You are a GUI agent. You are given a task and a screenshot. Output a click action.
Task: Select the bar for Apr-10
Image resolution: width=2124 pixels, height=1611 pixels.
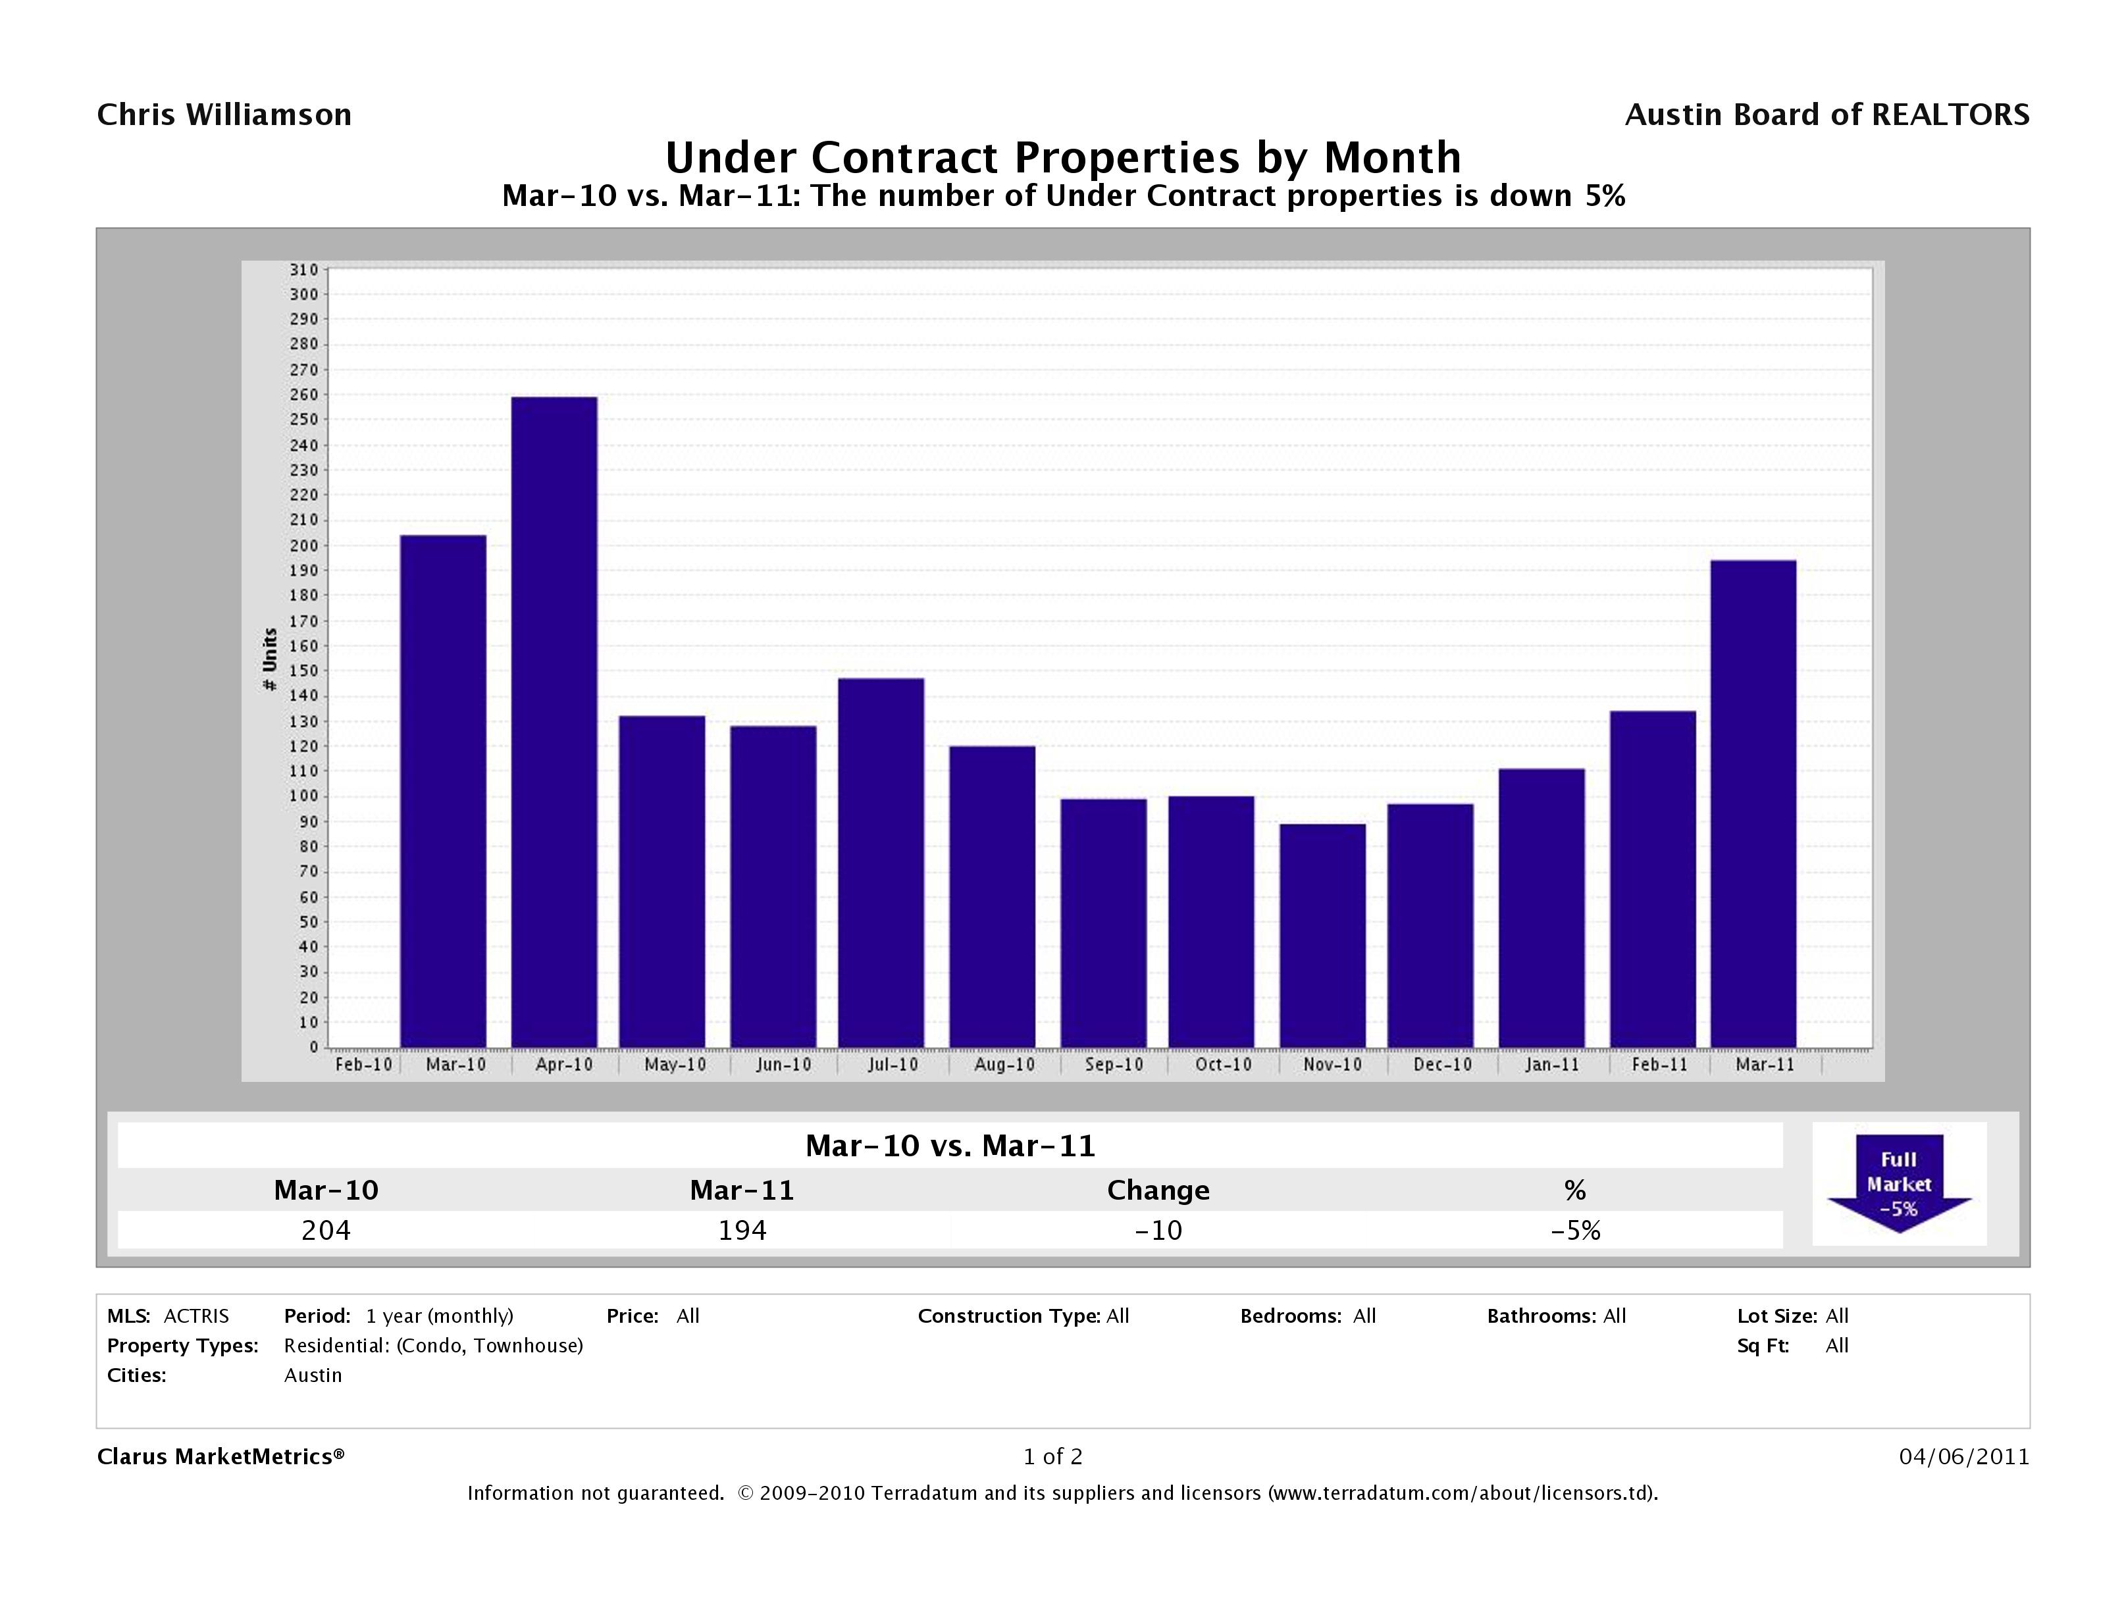(554, 722)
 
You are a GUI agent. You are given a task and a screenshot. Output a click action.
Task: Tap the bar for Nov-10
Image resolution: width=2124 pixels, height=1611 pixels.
(1322, 935)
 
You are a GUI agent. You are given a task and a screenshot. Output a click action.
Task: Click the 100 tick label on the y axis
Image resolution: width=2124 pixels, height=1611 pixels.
(303, 796)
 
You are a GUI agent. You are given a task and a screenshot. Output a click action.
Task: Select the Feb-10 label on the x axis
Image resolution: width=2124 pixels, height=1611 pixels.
(363, 1065)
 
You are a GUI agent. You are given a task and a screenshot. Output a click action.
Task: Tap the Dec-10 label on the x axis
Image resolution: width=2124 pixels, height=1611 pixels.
(1442, 1065)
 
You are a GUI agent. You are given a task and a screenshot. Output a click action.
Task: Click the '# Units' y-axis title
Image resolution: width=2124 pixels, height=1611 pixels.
(270, 659)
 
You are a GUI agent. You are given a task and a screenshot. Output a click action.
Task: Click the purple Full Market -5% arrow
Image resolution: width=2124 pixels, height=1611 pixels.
(1898, 1184)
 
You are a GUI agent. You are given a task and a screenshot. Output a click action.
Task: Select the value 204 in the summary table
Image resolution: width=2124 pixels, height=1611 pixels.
(326, 1231)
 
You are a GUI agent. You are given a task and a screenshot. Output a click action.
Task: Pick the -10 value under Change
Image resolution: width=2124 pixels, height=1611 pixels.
(1158, 1231)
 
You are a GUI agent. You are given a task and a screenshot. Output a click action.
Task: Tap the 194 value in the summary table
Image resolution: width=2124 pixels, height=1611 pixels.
(742, 1231)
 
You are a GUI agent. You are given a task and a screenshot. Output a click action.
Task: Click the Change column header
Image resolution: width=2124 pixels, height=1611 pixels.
(1158, 1190)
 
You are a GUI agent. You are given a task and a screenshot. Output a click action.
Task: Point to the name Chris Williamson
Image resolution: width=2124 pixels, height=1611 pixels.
(224, 115)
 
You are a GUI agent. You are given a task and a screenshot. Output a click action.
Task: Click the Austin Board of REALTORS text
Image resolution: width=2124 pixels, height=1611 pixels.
(1826, 115)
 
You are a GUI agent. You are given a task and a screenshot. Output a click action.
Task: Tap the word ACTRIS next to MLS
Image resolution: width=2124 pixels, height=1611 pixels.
(196, 1316)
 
